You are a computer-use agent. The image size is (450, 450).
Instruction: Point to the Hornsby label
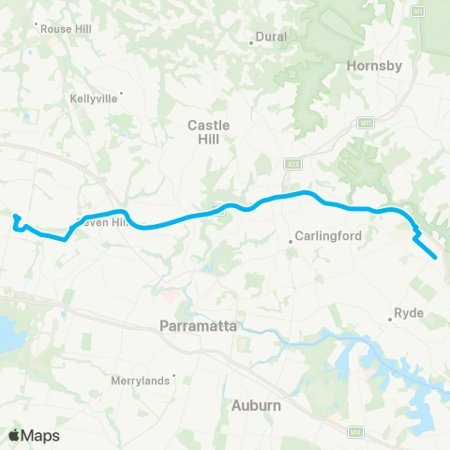click(x=373, y=66)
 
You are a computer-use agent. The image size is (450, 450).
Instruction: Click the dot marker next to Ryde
click(x=391, y=321)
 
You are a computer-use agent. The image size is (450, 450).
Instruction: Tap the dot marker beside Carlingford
click(x=291, y=243)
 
